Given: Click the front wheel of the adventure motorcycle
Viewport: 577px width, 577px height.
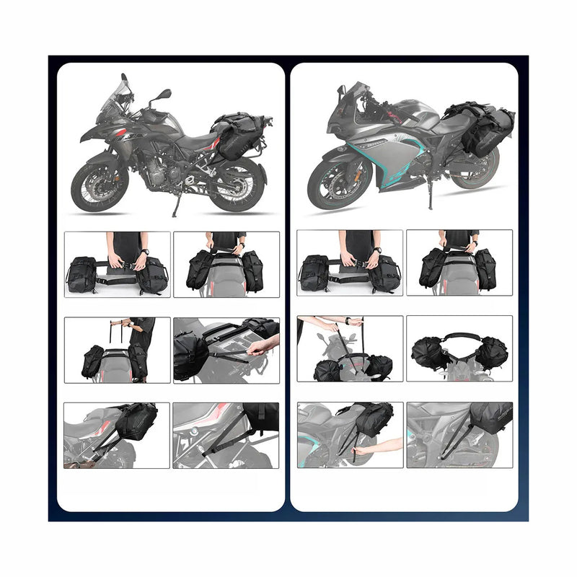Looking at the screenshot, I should coord(96,186).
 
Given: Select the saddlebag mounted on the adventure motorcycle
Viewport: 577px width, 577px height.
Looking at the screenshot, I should coord(237,137).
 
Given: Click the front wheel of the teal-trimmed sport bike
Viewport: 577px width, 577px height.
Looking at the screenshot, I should coord(332,182).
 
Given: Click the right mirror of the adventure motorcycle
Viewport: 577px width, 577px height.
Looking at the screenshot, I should coord(164,94).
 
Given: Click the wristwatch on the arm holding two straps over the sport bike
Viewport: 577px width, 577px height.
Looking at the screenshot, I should coord(348,322).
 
